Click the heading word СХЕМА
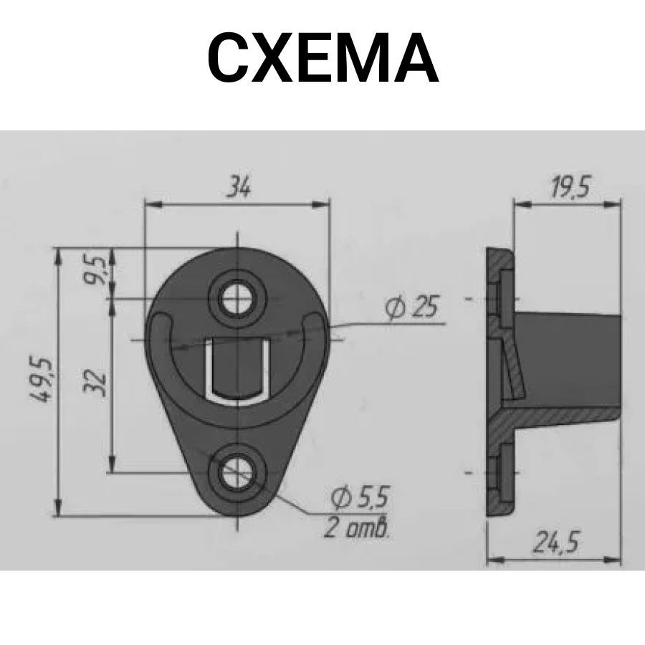(x=323, y=57)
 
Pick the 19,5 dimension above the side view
(x=570, y=187)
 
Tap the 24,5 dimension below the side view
(x=556, y=543)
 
